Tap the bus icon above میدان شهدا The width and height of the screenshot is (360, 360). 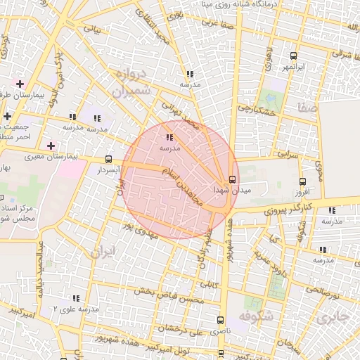(x=233, y=179)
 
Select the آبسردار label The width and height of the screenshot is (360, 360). (x=110, y=170)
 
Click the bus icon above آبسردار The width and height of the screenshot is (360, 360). (x=108, y=159)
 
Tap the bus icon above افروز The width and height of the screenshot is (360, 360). (x=303, y=181)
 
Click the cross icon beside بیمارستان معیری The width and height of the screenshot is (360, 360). (x=50, y=146)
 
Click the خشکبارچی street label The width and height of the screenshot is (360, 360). (x=256, y=108)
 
